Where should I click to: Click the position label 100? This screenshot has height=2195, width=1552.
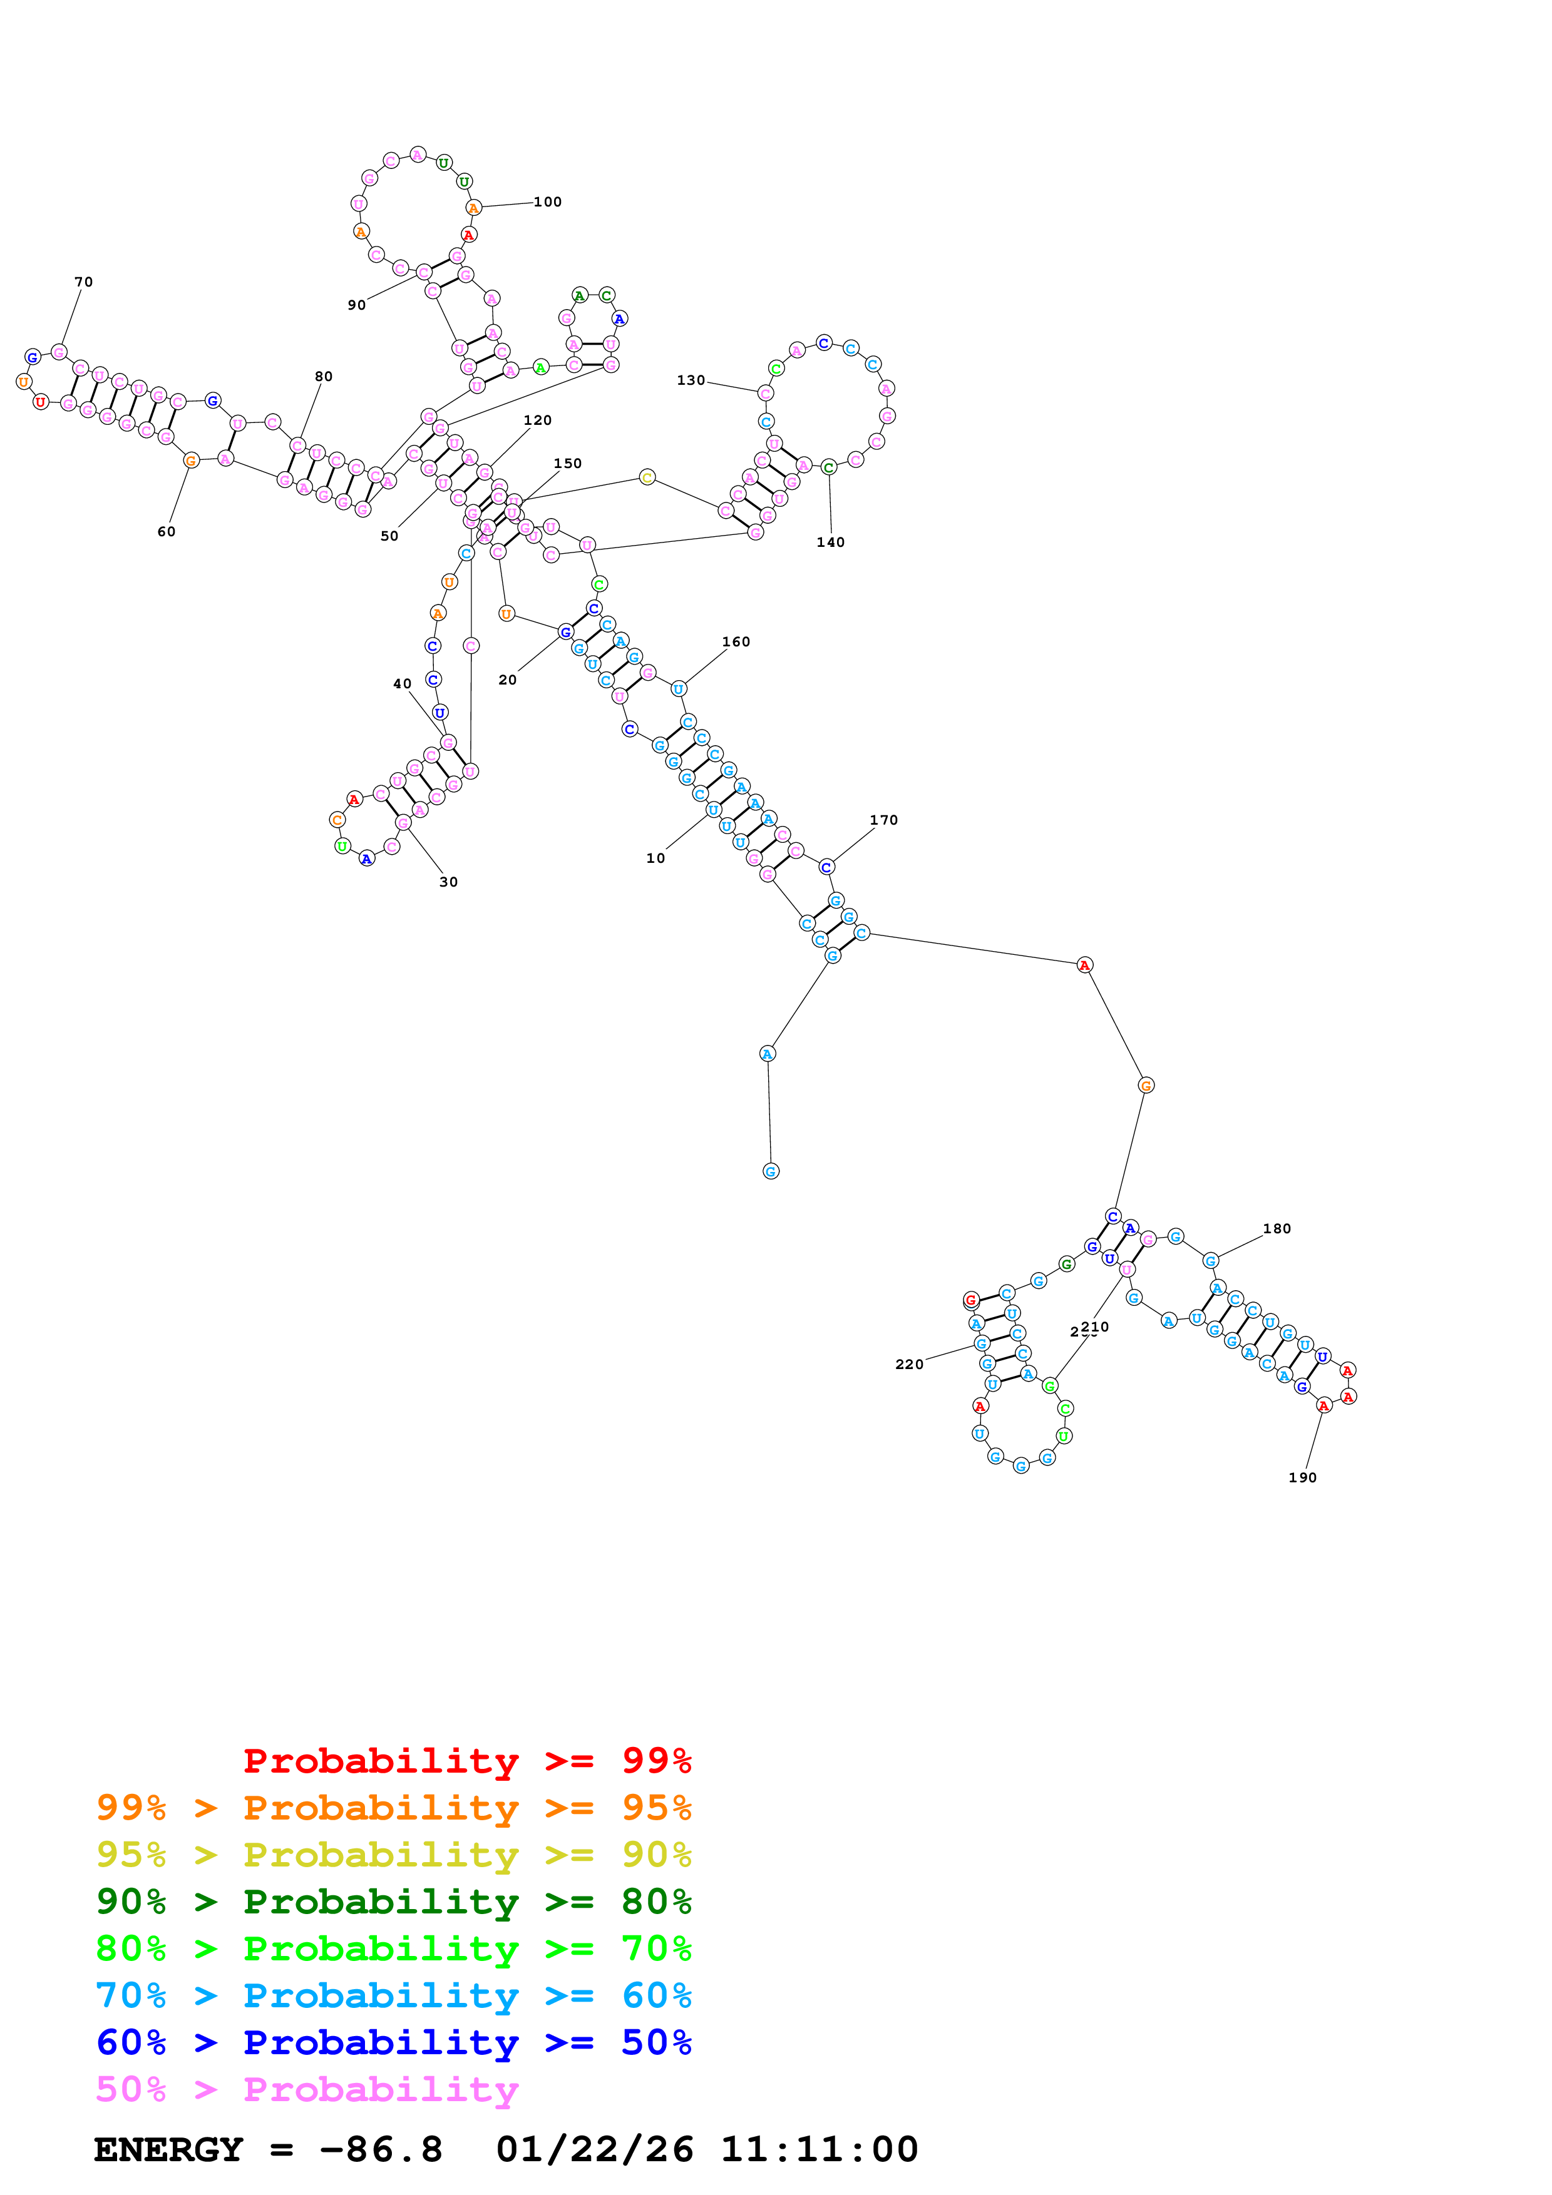point(547,201)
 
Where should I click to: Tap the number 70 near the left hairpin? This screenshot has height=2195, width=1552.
point(84,282)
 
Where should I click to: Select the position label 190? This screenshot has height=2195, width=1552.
point(1302,1477)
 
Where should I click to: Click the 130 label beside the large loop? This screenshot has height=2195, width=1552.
point(691,380)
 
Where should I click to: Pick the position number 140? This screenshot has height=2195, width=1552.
point(830,542)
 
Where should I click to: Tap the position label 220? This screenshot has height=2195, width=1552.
point(908,1364)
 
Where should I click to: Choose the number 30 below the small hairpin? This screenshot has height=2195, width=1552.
point(448,882)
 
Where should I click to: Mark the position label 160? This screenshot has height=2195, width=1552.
point(736,641)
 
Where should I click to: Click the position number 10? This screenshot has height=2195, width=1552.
point(655,858)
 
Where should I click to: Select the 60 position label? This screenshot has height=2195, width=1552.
point(167,531)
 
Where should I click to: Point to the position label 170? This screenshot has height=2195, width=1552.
point(883,820)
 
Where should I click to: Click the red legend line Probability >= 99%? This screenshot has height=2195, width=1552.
point(466,1760)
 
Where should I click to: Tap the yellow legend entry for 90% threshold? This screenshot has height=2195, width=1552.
point(393,1855)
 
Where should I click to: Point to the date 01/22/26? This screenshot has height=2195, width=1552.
point(594,2149)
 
